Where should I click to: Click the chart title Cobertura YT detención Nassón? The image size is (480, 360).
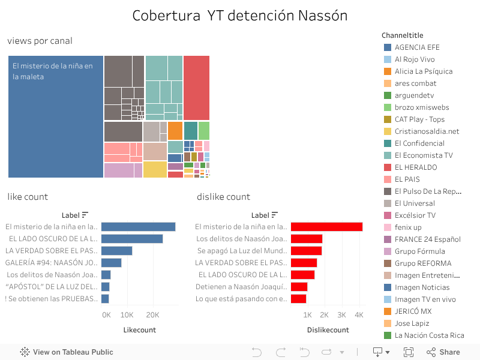coord(240,16)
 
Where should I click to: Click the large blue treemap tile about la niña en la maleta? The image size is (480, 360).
coord(56,116)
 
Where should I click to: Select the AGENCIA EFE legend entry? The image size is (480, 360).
coord(417,47)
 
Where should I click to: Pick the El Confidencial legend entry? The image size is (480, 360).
coord(419,143)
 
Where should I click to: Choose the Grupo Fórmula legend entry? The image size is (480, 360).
coord(419,251)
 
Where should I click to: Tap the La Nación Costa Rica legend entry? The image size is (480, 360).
coord(429,335)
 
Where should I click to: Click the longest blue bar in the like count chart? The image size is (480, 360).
coord(138,227)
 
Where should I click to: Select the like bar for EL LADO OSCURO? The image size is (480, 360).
coord(132,239)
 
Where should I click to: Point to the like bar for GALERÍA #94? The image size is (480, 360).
coord(112,263)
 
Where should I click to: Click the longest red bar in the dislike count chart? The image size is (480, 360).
coord(327,227)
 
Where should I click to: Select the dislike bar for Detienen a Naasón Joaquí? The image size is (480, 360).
coord(299,287)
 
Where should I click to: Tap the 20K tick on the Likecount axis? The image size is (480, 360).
coord(153,315)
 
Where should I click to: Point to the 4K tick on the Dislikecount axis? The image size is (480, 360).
coord(359,315)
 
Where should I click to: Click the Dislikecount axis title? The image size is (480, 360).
coord(328,330)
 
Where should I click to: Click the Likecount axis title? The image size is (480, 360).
coord(139,330)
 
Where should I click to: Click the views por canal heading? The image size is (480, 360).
coord(40,41)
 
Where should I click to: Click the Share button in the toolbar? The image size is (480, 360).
coord(443,352)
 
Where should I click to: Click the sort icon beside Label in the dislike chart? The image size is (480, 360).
coord(275,215)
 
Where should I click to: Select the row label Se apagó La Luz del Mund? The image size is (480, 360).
coord(242,251)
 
